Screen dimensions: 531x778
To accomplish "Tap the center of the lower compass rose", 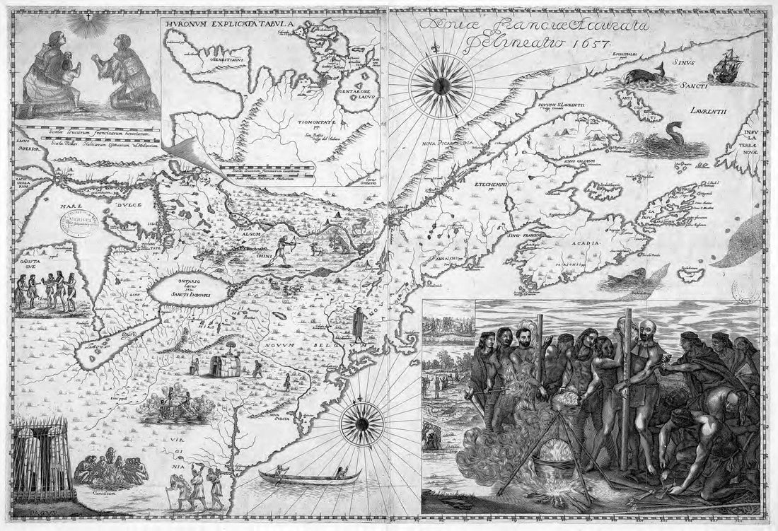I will [362, 423].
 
